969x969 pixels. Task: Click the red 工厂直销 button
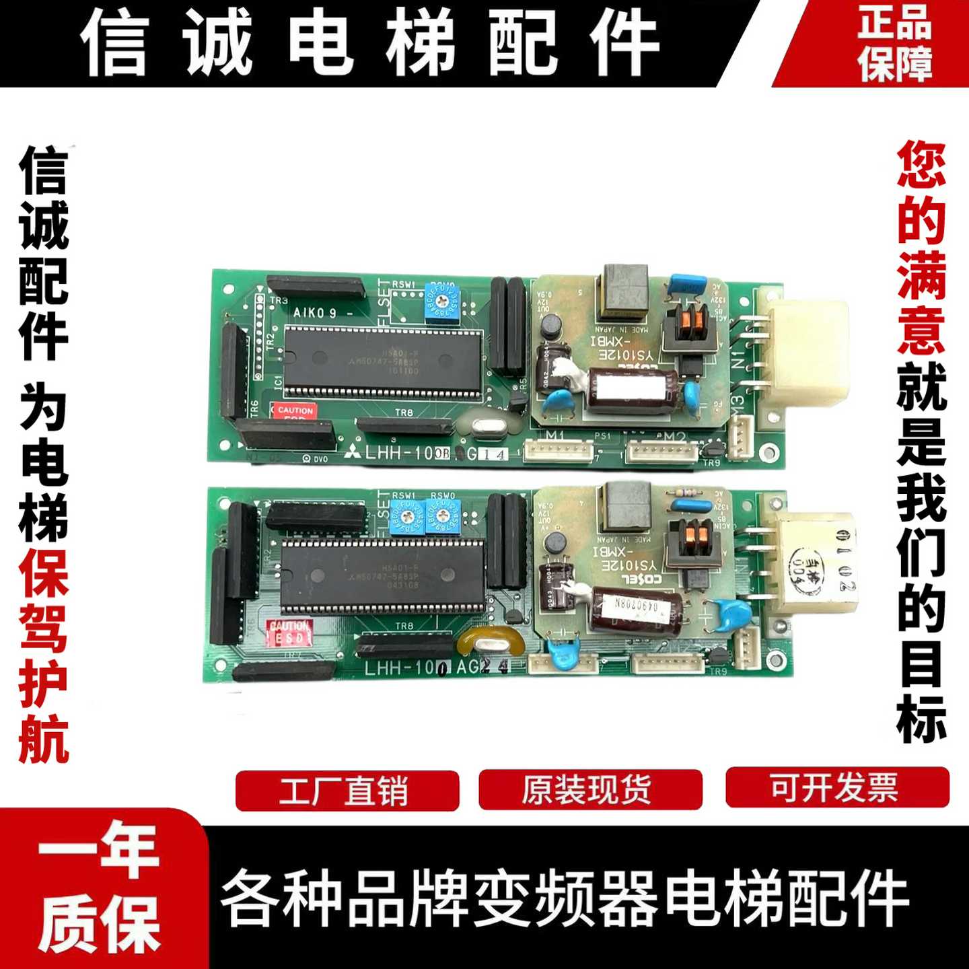[347, 790]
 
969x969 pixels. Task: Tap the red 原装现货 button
[589, 790]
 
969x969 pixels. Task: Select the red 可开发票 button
[836, 787]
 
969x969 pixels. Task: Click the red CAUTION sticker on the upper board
[294, 410]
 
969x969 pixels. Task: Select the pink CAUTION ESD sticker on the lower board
[289, 633]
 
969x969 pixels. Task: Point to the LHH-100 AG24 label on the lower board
[436, 668]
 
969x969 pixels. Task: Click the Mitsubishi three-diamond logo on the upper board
[352, 452]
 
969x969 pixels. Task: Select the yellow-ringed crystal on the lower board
[491, 643]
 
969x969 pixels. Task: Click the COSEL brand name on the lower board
[640, 579]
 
